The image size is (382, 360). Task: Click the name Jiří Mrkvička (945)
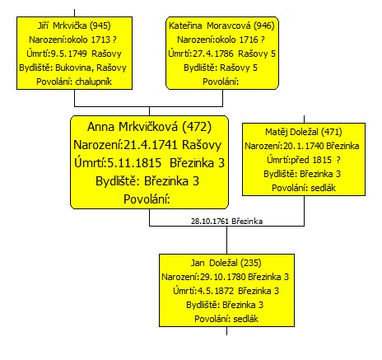click(x=74, y=26)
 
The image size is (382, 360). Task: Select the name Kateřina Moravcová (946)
click(x=221, y=26)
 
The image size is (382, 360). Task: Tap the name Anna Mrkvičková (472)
click(x=149, y=127)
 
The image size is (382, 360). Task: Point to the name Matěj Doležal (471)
click(x=304, y=132)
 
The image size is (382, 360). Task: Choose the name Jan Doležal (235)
click(x=226, y=263)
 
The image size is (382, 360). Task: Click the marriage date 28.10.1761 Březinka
click(x=226, y=222)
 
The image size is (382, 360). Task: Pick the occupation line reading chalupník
click(x=94, y=82)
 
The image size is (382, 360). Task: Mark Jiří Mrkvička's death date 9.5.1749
click(x=69, y=54)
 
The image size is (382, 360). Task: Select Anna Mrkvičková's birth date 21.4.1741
click(x=151, y=145)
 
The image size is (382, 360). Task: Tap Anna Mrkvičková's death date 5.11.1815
click(x=134, y=163)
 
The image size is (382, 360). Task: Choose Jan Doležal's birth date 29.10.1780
click(x=222, y=277)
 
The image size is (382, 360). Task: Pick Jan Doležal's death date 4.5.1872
click(x=216, y=291)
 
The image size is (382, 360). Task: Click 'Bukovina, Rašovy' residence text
click(x=91, y=68)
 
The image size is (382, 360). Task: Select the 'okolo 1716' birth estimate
click(x=236, y=40)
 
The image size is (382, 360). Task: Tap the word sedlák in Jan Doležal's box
click(x=246, y=319)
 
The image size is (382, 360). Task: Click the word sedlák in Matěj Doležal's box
click(x=324, y=188)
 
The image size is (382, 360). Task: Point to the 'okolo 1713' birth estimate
click(x=89, y=40)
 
